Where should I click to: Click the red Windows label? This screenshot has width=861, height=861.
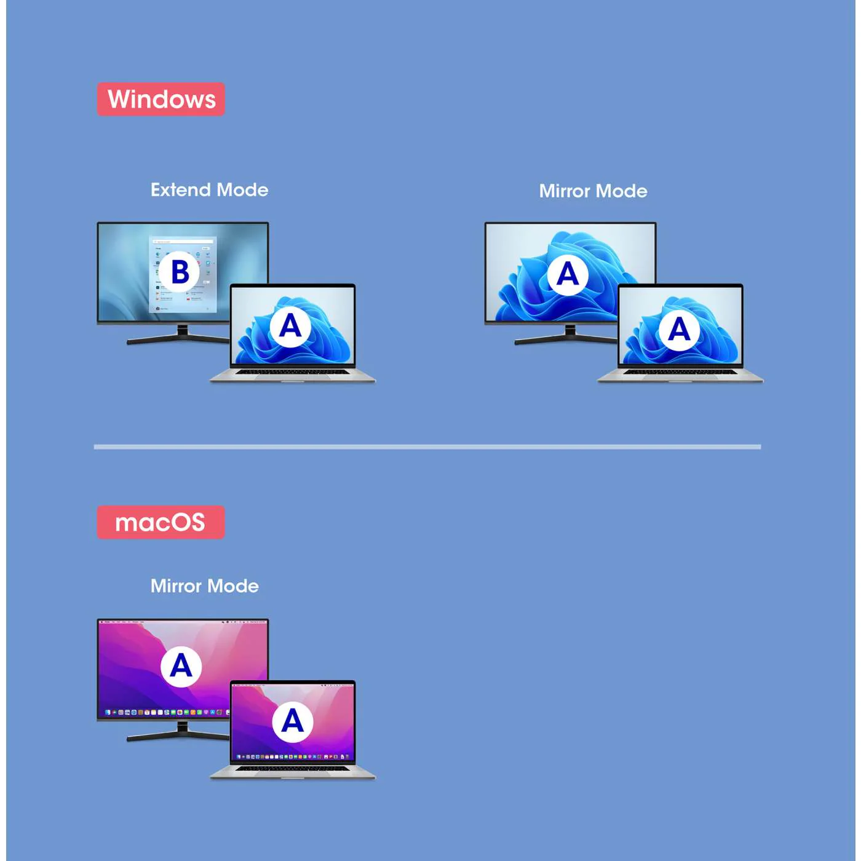pyautogui.click(x=161, y=99)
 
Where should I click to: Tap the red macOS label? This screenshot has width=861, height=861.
pyautogui.click(x=161, y=522)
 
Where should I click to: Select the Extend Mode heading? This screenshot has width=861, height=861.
pyautogui.click(x=209, y=190)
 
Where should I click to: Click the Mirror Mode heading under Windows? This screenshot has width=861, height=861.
pyautogui.click(x=593, y=191)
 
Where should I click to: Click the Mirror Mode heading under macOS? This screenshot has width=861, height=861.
pyautogui.click(x=204, y=586)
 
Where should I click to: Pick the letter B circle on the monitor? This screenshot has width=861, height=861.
pyautogui.click(x=180, y=271)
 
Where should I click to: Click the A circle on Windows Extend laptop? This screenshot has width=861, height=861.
pyautogui.click(x=290, y=326)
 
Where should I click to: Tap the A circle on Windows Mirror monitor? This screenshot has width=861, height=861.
pyautogui.click(x=567, y=274)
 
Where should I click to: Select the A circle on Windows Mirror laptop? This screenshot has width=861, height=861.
pyautogui.click(x=679, y=330)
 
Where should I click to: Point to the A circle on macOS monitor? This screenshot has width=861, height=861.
pyautogui.click(x=181, y=666)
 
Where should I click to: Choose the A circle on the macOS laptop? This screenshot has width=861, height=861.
pyautogui.click(x=292, y=721)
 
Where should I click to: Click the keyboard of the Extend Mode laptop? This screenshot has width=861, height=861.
pyautogui.click(x=293, y=372)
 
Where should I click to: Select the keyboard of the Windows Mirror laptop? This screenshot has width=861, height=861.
pyautogui.click(x=680, y=372)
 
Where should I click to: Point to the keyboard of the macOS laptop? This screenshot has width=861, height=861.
pyautogui.click(x=293, y=769)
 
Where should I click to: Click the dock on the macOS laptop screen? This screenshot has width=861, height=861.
pyautogui.click(x=293, y=756)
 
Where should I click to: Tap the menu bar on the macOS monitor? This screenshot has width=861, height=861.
pyautogui.click(x=183, y=622)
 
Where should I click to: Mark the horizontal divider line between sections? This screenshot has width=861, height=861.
pyautogui.click(x=427, y=447)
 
